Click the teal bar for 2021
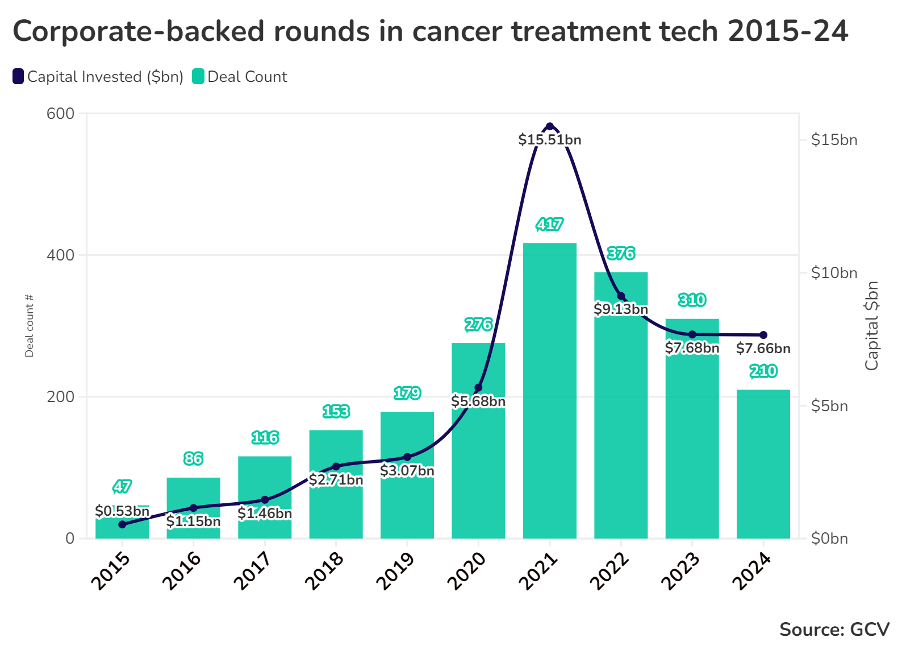coord(550,391)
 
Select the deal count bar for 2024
coord(763,464)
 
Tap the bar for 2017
coord(265,498)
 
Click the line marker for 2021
coord(550,127)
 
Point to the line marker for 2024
coord(763,335)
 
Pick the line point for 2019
coord(407,457)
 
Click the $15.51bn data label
coord(550,140)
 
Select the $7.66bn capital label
coord(763,349)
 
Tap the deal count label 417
coord(550,224)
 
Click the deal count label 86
coord(193,458)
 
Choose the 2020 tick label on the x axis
coord(467,571)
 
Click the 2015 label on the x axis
coord(111,571)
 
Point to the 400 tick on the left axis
coord(60,255)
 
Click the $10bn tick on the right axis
coord(834,273)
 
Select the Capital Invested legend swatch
coord(18,76)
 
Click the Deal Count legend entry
coord(240,77)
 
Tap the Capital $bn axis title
coord(871,326)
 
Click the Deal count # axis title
coord(29,326)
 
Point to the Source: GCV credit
coord(834,630)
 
